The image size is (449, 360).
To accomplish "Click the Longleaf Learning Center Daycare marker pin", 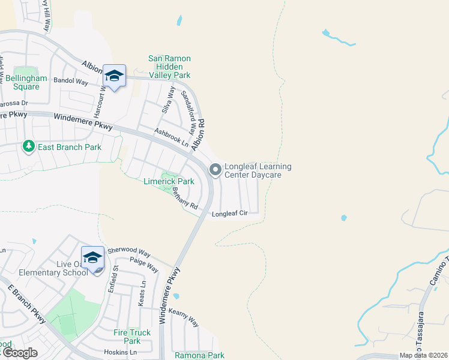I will [x=215, y=170].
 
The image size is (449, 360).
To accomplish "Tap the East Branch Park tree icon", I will [x=28, y=146].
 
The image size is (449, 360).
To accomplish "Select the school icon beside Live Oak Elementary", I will [x=92, y=258].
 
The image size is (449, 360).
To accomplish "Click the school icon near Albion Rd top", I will [x=114, y=76].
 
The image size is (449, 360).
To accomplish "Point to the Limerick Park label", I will [x=169, y=181].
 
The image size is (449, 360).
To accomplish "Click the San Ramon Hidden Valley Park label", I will [x=169, y=67].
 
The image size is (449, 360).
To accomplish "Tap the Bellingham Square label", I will [x=22, y=82].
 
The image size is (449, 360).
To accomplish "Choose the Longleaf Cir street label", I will [x=229, y=213].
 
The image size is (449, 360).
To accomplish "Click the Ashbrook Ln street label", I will [x=171, y=137].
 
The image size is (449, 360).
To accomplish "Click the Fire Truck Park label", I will [x=132, y=336].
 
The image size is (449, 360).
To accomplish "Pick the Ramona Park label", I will [x=199, y=355].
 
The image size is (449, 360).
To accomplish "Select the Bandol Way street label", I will [x=71, y=80].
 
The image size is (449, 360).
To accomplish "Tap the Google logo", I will [x=20, y=353].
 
